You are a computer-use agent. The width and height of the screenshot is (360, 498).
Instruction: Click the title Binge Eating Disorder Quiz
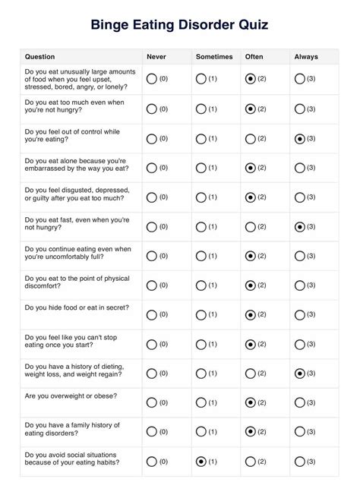(179, 25)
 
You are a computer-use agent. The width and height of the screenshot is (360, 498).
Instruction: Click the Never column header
(156, 57)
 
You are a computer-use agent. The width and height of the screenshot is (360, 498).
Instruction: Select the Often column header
(254, 57)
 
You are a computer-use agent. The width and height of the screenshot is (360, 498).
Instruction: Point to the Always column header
(305, 57)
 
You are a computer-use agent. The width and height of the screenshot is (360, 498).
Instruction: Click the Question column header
(40, 57)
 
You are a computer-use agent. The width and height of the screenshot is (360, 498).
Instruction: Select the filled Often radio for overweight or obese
(251, 402)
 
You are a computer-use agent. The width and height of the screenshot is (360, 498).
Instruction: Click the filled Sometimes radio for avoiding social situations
(201, 462)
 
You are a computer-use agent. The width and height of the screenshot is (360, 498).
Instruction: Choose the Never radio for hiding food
(151, 315)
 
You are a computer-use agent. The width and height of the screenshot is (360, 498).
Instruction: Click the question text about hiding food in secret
(77, 307)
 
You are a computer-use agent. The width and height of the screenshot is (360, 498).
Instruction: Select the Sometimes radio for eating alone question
(201, 168)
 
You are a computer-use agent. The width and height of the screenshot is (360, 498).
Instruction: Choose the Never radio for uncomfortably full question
(151, 257)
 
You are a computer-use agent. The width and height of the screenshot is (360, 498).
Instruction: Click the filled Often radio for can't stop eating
(251, 344)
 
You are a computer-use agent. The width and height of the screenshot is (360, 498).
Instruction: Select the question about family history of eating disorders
(72, 430)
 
